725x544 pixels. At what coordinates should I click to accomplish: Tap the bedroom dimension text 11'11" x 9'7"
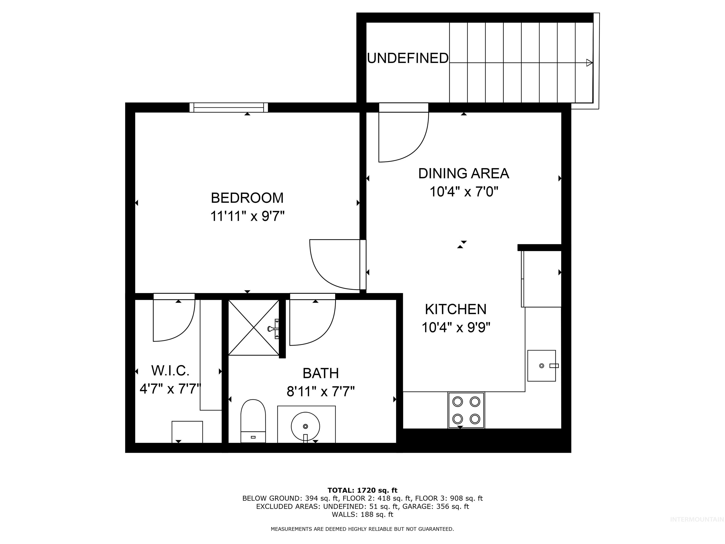tap(247, 217)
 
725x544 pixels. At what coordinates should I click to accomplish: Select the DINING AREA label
tap(464, 174)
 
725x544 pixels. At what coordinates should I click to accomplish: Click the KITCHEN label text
tap(455, 309)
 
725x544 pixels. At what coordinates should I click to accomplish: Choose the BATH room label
tap(320, 373)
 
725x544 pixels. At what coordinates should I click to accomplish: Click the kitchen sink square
tap(541, 365)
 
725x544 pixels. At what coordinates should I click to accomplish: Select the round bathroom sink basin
tap(305, 426)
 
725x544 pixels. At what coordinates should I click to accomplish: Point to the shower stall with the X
tap(254, 327)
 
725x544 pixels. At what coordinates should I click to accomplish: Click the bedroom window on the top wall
tap(229, 108)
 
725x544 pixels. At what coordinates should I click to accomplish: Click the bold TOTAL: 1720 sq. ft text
tap(362, 490)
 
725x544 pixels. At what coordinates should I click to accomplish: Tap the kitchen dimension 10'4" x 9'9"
tap(455, 327)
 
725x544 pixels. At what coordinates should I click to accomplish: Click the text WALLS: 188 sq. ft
tap(362, 514)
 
